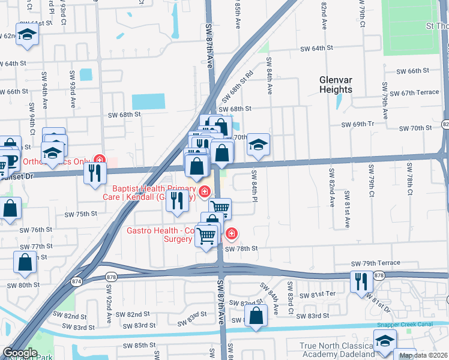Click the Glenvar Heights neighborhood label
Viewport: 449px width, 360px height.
click(x=336, y=85)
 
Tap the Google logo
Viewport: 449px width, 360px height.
click(x=20, y=353)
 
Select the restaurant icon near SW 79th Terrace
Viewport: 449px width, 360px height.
click(x=361, y=281)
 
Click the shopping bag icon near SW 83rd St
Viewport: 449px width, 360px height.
click(x=256, y=316)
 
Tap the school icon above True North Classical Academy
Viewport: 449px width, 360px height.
click(x=385, y=342)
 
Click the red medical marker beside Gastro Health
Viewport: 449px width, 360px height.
click(x=231, y=233)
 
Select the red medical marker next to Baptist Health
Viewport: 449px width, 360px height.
click(x=205, y=191)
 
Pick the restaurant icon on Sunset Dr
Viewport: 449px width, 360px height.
click(x=95, y=173)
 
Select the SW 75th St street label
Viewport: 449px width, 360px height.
click(x=81, y=214)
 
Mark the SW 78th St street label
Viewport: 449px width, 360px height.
click(x=241, y=248)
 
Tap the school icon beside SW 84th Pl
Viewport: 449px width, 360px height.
click(x=258, y=145)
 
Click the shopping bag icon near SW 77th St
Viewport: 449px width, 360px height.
click(x=25, y=262)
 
